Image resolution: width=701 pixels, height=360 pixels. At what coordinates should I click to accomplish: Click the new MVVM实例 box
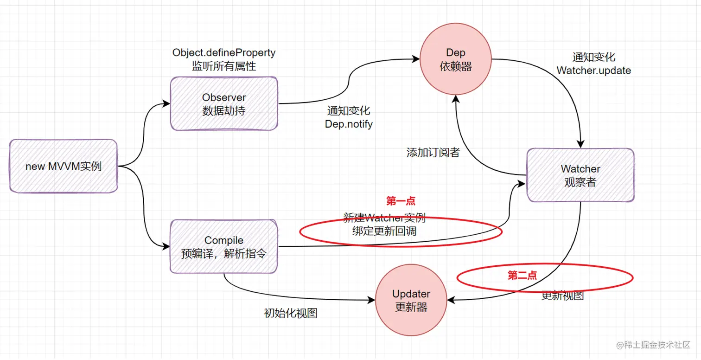pyautogui.click(x=64, y=166)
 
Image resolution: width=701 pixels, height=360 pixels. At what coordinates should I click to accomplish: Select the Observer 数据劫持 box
pyautogui.click(x=224, y=104)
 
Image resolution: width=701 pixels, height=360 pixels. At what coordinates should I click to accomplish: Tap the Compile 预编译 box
pyautogui.click(x=224, y=247)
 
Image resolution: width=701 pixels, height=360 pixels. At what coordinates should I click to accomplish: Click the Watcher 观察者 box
pyautogui.click(x=580, y=175)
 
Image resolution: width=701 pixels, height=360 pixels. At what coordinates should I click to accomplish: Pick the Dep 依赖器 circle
pyautogui.click(x=455, y=60)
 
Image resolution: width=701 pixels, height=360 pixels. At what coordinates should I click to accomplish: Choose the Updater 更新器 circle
pyautogui.click(x=411, y=300)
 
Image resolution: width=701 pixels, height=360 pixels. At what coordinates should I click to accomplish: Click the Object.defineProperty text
pyautogui.click(x=224, y=53)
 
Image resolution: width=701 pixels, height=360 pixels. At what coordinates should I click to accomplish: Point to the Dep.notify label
pyautogui.click(x=349, y=124)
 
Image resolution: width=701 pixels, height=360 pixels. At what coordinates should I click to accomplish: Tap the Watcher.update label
pyautogui.click(x=593, y=71)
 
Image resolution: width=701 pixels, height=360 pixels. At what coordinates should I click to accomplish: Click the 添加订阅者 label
pyautogui.click(x=433, y=153)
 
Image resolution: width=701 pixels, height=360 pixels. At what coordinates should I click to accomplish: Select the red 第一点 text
pyautogui.click(x=401, y=201)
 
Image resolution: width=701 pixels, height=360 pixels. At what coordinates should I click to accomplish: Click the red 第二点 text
pyautogui.click(x=522, y=276)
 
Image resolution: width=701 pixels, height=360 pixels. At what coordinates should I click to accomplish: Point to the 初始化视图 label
pyautogui.click(x=291, y=313)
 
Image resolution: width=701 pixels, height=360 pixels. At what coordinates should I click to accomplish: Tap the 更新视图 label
pyautogui.click(x=562, y=296)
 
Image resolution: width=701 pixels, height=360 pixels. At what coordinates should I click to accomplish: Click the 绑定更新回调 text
pyautogui.click(x=384, y=231)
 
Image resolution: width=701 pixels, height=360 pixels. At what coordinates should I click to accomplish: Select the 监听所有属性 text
pyautogui.click(x=224, y=66)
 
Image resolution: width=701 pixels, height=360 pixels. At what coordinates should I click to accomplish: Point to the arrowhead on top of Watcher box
pyautogui.click(x=580, y=145)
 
